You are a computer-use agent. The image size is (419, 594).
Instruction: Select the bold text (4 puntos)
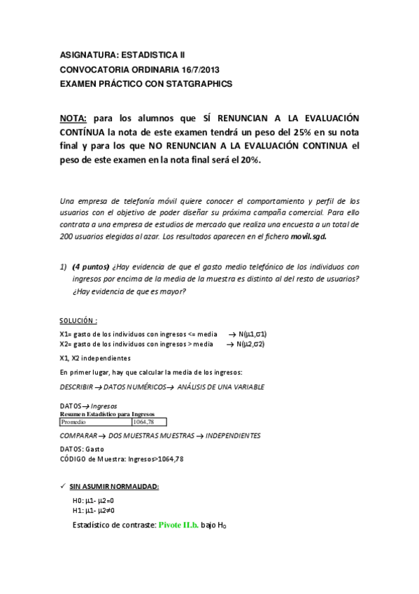94,266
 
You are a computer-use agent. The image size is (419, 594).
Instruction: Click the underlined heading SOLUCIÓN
77,320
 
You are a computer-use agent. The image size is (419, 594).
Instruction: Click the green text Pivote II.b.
178,524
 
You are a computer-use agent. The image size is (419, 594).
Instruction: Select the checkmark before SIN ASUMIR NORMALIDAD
63,486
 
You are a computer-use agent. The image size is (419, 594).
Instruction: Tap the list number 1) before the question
62,266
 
